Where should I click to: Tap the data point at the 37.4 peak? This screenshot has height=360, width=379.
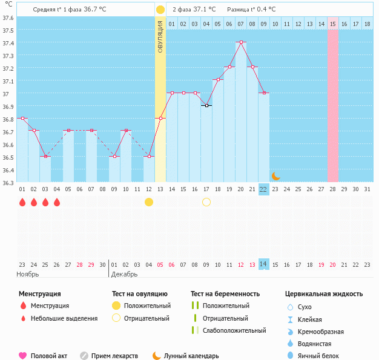241,42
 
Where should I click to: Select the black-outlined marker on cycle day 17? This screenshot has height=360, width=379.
206,105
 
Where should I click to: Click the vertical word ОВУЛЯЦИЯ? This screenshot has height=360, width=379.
160,36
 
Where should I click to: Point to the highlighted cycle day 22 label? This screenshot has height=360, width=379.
263,189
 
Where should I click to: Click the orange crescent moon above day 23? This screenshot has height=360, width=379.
275,176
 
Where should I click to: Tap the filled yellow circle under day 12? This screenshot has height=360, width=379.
149,202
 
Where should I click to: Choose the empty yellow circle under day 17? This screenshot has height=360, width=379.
206,202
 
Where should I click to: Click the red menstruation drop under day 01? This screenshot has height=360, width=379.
22,202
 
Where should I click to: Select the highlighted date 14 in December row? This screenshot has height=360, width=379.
263,264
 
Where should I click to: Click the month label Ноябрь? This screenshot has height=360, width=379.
28,274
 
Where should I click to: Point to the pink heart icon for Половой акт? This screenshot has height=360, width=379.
22,356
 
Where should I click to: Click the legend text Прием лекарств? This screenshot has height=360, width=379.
114,356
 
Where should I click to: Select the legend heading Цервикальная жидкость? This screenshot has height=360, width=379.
324,294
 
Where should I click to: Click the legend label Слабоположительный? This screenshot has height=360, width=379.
234,330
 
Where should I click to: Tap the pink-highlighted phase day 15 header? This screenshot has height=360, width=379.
333,24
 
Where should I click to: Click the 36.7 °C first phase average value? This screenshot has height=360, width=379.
94,10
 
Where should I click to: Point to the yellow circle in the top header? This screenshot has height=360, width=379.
160,10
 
